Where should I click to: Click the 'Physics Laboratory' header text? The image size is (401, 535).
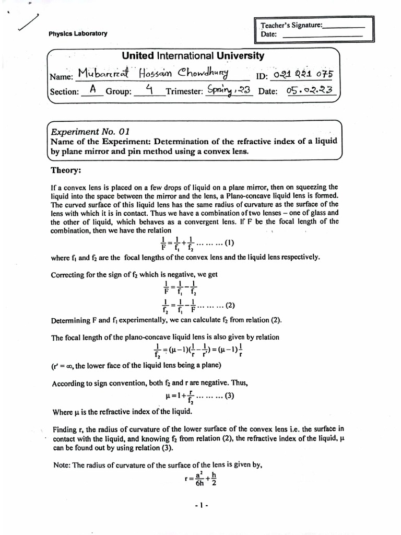tap(78, 33)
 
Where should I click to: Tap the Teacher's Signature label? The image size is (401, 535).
tap(292, 25)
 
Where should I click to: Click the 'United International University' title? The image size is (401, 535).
tap(193, 56)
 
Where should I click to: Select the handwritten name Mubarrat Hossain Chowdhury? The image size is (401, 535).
tap(155, 74)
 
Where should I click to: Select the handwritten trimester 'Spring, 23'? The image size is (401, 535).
tap(228, 90)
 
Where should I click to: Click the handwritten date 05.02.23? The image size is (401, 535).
tap(310, 90)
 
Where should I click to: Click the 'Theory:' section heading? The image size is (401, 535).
tap(66, 170)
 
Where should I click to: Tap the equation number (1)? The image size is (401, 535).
tap(228, 242)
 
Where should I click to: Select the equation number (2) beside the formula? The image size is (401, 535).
tap(228, 307)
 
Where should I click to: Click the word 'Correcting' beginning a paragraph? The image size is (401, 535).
tap(68, 274)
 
